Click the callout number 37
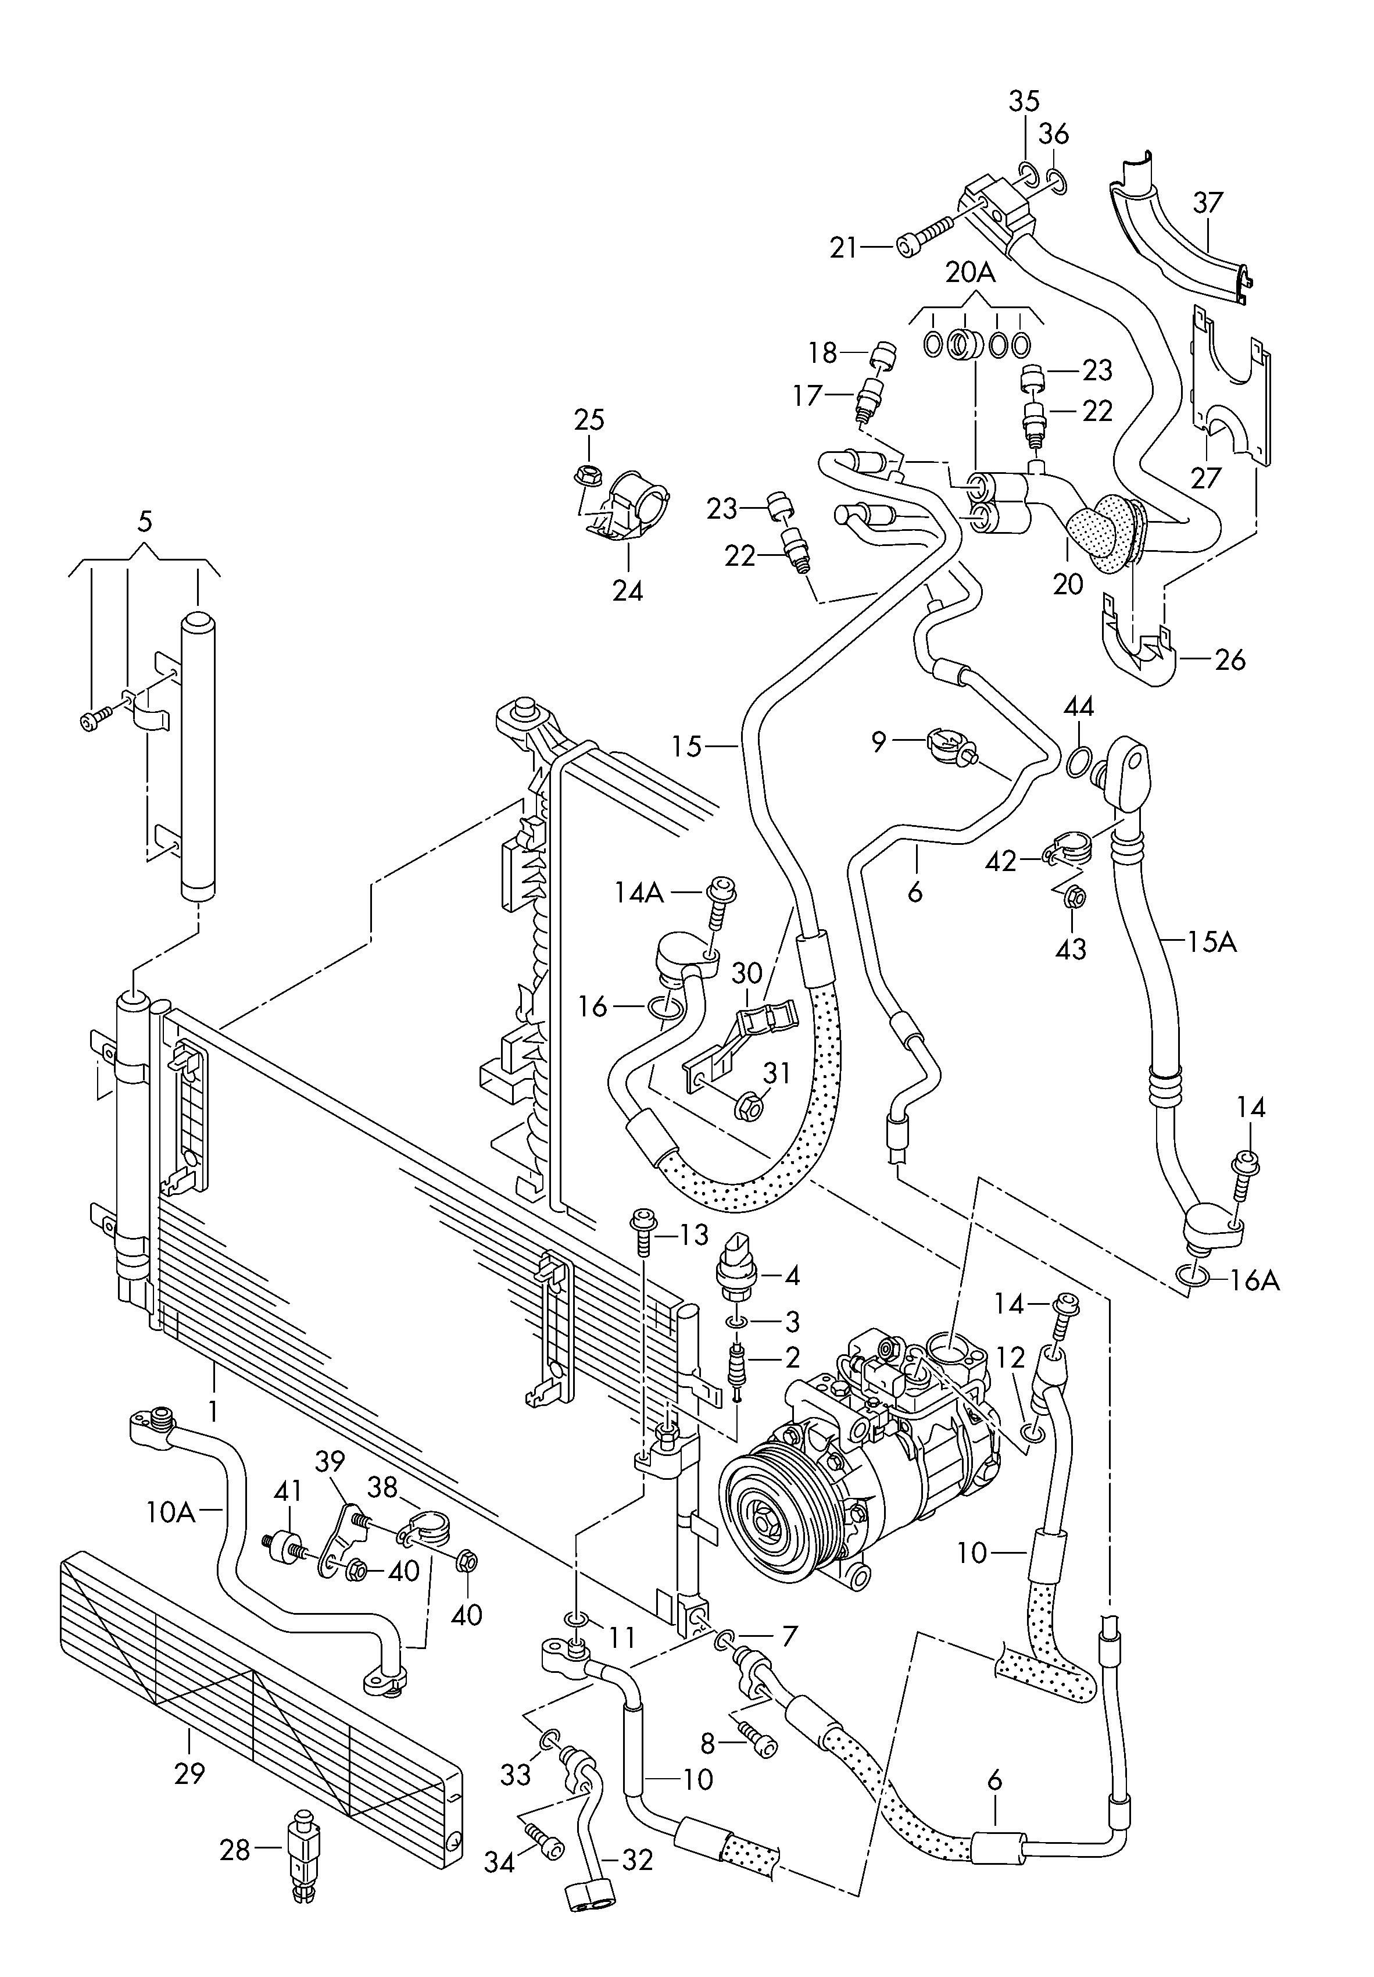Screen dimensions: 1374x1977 (1208, 203)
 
